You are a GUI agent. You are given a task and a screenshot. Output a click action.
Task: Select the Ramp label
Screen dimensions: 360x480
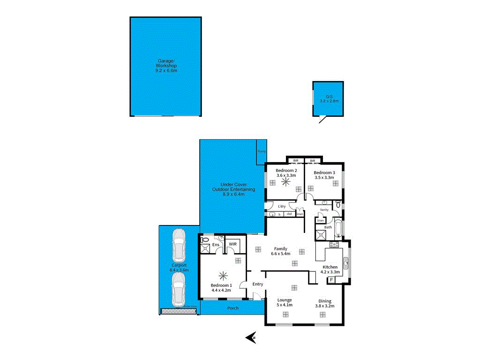pos(262,151)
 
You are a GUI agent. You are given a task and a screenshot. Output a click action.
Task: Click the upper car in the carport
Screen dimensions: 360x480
pos(178,246)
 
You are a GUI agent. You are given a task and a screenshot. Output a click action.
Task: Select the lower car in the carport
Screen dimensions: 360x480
pos(178,289)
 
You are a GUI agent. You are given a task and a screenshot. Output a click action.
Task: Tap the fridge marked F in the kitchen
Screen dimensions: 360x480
pos(332,280)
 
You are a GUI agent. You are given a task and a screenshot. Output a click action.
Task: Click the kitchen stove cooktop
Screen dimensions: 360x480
pos(334,245)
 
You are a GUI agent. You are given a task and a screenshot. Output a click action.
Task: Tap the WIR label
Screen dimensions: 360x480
pos(232,244)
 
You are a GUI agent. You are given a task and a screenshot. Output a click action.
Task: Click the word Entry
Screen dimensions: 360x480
pos(258,284)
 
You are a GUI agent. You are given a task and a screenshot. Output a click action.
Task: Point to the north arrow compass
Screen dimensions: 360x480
pos(251,337)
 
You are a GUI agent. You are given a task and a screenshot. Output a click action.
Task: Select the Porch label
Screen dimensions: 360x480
pos(232,308)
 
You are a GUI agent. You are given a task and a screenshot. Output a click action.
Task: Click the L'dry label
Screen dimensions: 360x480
pos(282,206)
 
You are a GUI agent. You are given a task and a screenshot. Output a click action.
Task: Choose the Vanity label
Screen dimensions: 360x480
pos(324,210)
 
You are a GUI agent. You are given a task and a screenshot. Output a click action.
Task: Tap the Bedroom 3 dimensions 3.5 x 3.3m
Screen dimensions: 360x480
pos(324,178)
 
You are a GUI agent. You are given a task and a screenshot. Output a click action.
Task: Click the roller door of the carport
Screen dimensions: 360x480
pos(180,310)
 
